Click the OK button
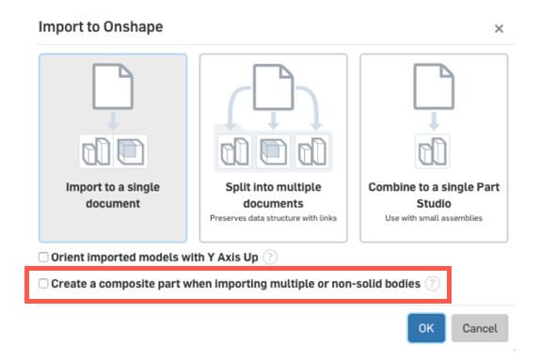click(426, 328)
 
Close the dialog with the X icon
click(499, 29)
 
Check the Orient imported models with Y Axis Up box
click(43, 257)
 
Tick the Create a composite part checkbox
click(43, 282)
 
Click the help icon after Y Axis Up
click(270, 257)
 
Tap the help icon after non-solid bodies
click(432, 282)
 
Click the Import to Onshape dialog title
click(101, 26)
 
